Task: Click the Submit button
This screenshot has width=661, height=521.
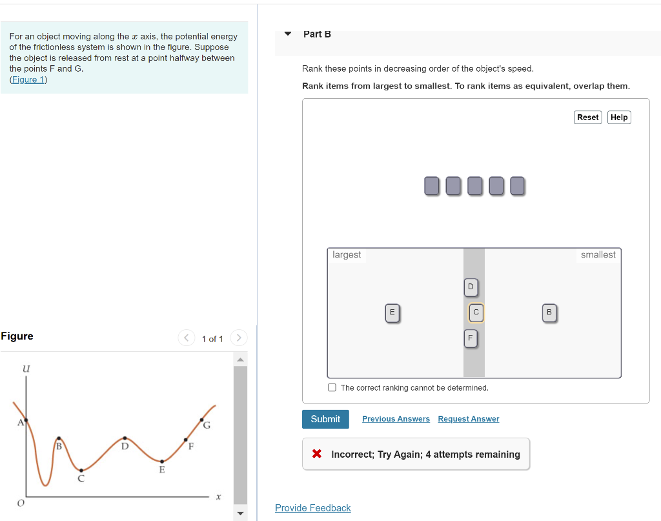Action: (x=325, y=419)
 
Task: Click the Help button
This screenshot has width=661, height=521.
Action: (x=619, y=117)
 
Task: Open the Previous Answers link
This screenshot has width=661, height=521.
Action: (x=396, y=419)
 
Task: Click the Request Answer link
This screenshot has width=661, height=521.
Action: (x=468, y=419)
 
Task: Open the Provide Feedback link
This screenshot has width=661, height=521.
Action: (x=312, y=508)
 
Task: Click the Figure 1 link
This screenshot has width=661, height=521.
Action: (x=28, y=79)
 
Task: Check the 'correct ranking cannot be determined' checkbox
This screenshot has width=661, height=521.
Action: (x=332, y=387)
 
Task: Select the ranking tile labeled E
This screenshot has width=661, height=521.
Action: (x=391, y=312)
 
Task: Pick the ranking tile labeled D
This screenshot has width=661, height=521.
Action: (x=471, y=287)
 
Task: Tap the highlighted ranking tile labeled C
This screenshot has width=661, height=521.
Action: (x=476, y=312)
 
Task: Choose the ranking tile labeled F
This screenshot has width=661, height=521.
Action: (x=471, y=338)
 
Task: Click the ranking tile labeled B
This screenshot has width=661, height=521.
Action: (x=549, y=312)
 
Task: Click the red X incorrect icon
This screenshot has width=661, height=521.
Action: (x=317, y=454)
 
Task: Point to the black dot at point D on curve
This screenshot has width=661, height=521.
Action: (x=125, y=438)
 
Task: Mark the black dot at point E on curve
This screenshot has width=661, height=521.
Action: (x=161, y=462)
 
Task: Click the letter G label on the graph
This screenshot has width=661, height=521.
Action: (x=207, y=425)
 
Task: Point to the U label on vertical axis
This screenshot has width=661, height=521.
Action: (x=26, y=369)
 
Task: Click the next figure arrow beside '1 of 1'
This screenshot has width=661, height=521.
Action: (x=238, y=338)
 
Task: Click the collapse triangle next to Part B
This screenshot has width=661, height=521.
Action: (x=288, y=34)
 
